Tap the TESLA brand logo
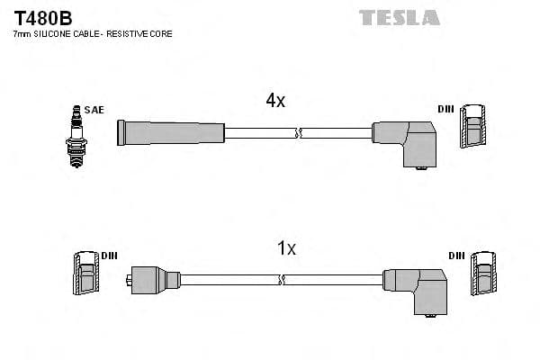pos(400,17)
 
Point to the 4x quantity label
pos(275,101)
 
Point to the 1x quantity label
pos(286,248)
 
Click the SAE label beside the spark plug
pos(95,110)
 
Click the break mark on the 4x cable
pos(299,133)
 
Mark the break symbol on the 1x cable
pos(283,280)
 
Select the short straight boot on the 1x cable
pos(155,279)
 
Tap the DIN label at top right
pos(445,109)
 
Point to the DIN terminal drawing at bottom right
pos(482,274)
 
